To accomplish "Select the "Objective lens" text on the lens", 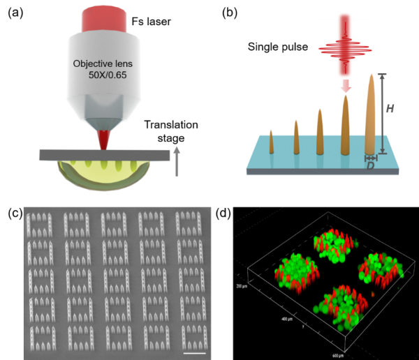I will tap(102, 63).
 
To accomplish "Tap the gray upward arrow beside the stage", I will tap(177, 161).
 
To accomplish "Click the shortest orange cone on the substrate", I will tap(271, 142).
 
